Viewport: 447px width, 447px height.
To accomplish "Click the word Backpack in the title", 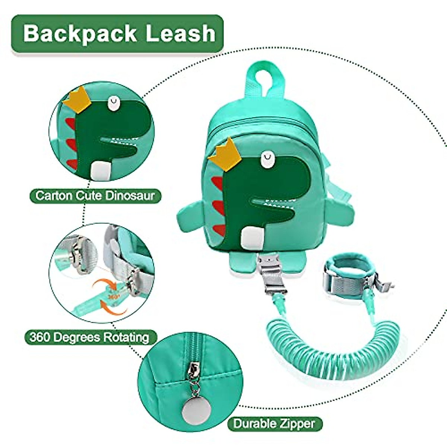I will (x=80, y=34).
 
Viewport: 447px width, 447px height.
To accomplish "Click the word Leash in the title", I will (x=181, y=34).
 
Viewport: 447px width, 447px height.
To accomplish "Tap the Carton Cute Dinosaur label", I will (x=95, y=195).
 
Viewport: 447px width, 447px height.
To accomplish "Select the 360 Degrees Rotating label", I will (x=89, y=337).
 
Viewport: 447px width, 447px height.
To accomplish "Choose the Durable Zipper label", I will (x=274, y=424).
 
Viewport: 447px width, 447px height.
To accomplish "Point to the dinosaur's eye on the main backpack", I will (x=267, y=159).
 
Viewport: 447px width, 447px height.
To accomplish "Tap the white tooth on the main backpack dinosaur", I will (x=251, y=238).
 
